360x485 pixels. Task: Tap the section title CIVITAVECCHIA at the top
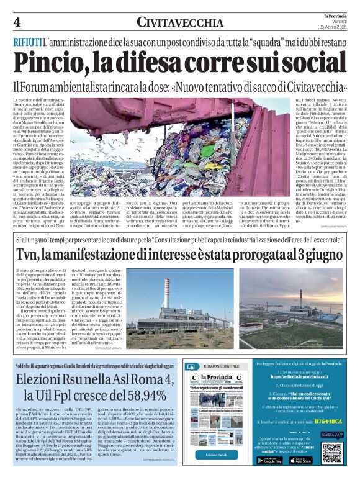pos(180,23)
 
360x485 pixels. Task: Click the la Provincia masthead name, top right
pos(336,15)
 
